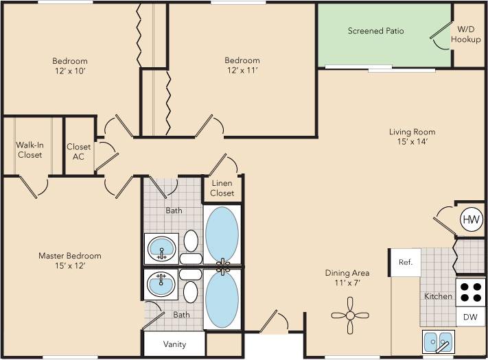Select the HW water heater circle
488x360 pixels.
click(472, 220)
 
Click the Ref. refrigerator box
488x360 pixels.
click(405, 262)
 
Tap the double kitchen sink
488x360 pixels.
click(437, 340)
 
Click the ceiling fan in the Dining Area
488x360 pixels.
click(350, 315)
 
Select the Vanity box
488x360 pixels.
click(174, 344)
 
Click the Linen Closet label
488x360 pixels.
click(222, 189)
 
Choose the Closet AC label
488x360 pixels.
click(78, 151)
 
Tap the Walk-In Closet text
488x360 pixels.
click(29, 149)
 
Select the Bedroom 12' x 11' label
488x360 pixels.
click(242, 65)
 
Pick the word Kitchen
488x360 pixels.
click(438, 296)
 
